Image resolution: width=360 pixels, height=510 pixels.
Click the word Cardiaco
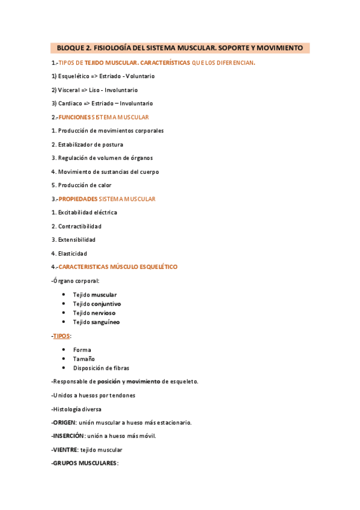coord(70,103)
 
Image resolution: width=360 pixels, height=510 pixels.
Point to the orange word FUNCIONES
coord(75,117)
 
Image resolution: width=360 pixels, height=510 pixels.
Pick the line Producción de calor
coord(81,185)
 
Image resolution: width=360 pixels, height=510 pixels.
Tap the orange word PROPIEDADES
coord(78,199)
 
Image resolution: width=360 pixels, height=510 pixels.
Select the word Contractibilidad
coord(79,226)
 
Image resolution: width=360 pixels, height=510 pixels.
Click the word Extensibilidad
coord(77,240)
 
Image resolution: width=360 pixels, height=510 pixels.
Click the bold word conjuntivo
coord(105,304)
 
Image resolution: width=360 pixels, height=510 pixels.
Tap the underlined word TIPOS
coord(61,336)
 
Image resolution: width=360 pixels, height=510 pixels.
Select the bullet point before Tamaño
coord(64,359)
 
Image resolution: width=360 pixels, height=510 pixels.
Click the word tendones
coord(119,395)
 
